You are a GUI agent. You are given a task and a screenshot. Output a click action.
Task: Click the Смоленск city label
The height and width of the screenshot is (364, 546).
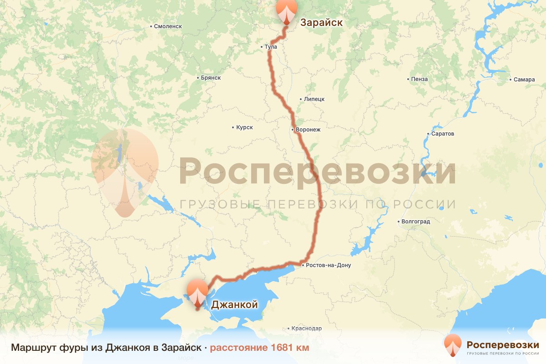167,26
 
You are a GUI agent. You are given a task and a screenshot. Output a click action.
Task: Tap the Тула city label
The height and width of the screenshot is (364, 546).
270,47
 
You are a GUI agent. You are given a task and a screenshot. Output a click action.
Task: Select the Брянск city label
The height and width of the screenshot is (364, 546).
210,78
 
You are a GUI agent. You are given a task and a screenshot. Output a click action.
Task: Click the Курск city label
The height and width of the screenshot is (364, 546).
244,127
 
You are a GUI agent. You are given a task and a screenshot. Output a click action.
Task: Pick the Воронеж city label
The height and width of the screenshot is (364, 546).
308,130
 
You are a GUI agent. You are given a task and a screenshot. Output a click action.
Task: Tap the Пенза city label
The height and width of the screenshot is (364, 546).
419,79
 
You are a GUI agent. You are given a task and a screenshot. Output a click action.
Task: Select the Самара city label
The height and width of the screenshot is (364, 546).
523,80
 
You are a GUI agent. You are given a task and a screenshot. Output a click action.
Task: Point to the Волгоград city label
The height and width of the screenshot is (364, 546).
415,222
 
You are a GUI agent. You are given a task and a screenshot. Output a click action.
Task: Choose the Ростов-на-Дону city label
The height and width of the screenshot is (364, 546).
328,265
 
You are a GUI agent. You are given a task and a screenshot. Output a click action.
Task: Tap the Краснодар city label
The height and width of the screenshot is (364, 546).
307,329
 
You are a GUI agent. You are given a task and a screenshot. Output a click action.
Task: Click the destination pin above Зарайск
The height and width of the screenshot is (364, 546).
286,11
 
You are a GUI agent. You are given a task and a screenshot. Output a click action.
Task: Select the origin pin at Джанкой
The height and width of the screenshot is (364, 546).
198,293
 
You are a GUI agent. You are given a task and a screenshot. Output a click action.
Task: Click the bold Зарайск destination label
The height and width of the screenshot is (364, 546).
321,22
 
